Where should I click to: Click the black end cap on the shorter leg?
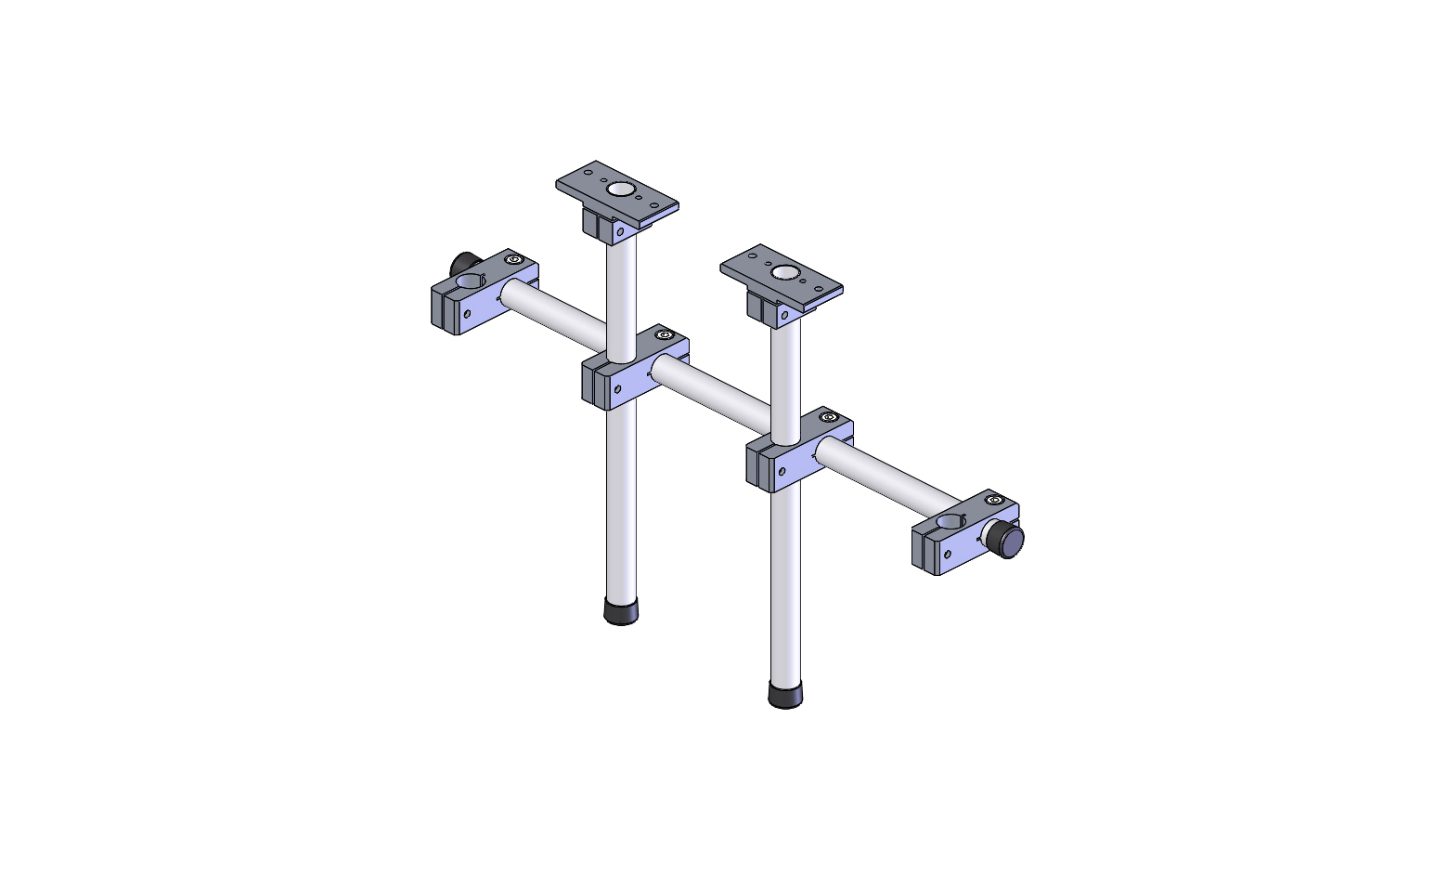point(621,611)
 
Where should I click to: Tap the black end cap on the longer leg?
point(785,695)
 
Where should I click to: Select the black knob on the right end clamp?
point(1004,540)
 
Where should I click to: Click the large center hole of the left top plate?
point(619,190)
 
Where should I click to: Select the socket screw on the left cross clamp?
point(663,334)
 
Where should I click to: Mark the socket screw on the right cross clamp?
point(829,417)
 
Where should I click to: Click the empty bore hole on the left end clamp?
point(472,281)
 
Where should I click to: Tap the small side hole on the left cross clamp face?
point(617,387)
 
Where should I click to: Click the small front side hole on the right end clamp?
point(948,556)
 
